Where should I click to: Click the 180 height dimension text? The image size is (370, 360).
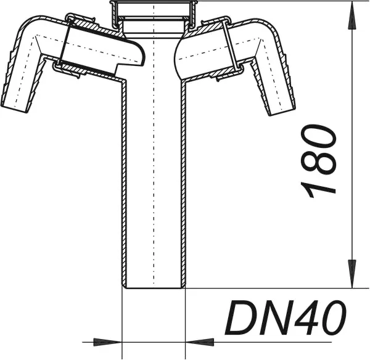tap(318, 161)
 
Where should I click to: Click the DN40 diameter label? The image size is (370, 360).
tap(286, 317)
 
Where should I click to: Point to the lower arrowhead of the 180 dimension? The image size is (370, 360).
tap(352, 274)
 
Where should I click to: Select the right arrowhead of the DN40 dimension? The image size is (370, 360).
tap(200, 342)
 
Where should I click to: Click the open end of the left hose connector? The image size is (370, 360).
tap(15, 110)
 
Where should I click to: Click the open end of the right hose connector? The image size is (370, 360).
tap(282, 112)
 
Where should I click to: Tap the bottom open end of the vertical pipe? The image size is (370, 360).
tap(154, 288)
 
